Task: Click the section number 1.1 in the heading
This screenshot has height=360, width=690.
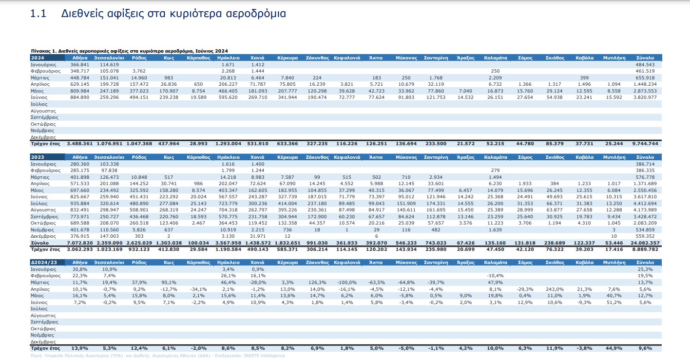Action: click(38, 14)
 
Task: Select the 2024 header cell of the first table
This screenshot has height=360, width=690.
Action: click(47, 58)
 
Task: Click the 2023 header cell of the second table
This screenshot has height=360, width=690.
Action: click(47, 157)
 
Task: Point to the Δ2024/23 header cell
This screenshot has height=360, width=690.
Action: click(47, 263)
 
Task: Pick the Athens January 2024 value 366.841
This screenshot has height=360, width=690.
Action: click(79, 65)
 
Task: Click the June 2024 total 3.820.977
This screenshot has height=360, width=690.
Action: click(645, 97)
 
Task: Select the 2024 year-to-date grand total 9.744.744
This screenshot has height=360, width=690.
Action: click(645, 144)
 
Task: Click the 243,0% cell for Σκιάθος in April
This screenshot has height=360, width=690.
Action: click(555, 289)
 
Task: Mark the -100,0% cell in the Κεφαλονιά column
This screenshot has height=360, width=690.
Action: click(347, 283)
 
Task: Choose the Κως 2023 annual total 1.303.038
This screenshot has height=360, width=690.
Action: click(169, 243)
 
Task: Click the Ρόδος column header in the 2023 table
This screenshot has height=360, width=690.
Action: click(139, 157)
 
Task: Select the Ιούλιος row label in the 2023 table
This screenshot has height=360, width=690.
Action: click(39, 204)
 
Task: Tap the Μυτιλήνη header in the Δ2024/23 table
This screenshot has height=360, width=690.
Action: click(614, 263)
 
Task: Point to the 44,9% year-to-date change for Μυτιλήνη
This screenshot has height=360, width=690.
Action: click(614, 348)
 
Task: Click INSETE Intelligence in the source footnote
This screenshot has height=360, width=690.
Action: click(264, 356)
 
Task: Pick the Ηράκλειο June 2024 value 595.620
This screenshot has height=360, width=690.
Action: click(228, 97)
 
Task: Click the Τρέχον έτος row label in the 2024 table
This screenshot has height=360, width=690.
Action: click(45, 144)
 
